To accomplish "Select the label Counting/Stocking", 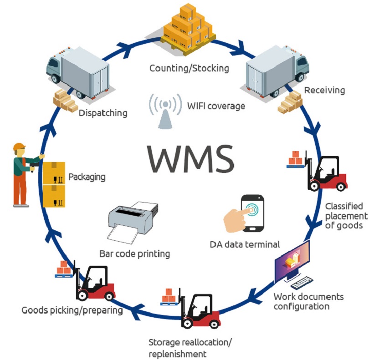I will pos(189,68).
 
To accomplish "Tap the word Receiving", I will pos(324,90).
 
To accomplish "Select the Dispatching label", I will pos(103,112).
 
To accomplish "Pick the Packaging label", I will pos(87,176).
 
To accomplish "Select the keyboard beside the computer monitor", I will pos(305,284).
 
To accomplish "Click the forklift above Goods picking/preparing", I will pos(93,282).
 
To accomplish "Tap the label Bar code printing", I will pos(134,253).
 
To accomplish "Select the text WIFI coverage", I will pos(216,106).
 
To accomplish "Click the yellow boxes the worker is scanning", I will pos(54,184).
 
